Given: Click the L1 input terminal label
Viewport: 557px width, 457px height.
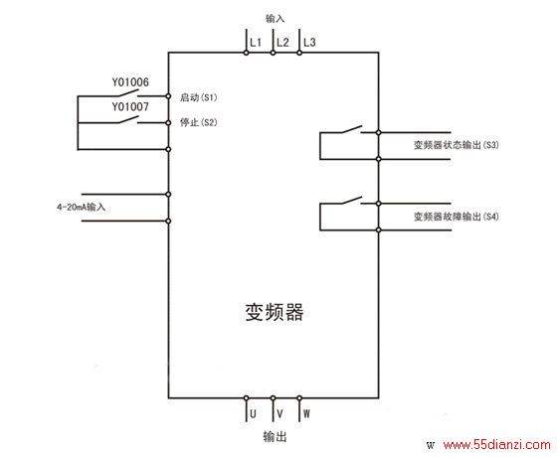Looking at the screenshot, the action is pos(256,43).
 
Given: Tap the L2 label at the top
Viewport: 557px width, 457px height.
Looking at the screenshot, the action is pos(282,43).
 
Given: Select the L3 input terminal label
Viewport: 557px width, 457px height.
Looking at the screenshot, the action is pos(309,43).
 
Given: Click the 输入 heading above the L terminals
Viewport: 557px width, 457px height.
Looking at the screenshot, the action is pos(275,19).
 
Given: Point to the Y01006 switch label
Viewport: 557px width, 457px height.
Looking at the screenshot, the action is pos(130,82).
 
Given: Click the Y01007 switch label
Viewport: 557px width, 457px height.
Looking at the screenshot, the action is pos(130,107).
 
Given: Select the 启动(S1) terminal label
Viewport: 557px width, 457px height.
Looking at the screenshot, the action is pos(199,97).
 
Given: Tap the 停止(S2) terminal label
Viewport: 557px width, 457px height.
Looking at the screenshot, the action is pos(199,122).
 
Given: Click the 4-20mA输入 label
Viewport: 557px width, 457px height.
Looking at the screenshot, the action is pos(81,207).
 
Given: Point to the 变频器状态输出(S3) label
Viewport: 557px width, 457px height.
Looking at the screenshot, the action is pos(457,145).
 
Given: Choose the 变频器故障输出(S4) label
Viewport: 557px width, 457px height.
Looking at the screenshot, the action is pos(457,217).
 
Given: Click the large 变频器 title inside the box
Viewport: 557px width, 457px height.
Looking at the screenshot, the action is pos(275,313).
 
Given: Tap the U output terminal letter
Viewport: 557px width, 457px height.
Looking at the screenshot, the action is pos(253,413).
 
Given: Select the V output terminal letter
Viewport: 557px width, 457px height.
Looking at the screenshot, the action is pos(279,413).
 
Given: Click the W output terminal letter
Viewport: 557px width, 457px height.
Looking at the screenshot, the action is pos(306,413).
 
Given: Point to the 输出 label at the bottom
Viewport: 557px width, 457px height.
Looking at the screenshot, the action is pos(275,436).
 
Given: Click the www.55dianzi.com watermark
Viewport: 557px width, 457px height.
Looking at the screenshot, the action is pos(496,445).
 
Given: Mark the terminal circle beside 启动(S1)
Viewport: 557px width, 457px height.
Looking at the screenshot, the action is pos(168,96).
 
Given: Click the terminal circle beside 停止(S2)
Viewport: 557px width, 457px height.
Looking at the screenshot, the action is pos(168,123).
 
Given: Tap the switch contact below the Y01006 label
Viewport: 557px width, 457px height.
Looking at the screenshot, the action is pos(126,93).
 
